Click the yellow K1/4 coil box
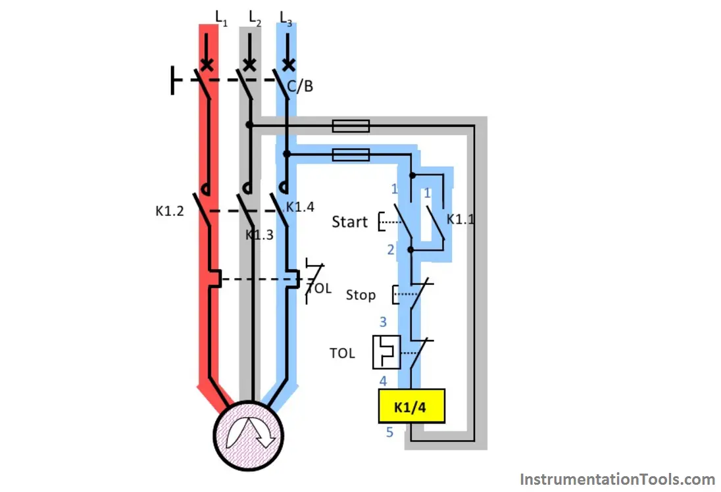[412, 406]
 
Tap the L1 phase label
[221, 18]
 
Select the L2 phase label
[255, 18]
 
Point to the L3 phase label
[286, 18]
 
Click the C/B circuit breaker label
[300, 86]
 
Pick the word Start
[349, 222]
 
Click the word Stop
[360, 295]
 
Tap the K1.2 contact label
[169, 211]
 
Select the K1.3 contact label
[259, 235]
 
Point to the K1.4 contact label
[300, 207]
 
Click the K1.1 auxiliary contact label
[460, 219]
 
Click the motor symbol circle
[248, 435]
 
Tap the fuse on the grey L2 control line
[351, 126]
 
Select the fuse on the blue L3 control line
[351, 155]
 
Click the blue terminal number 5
[389, 432]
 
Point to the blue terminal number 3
[383, 322]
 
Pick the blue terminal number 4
[383, 381]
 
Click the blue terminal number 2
[391, 250]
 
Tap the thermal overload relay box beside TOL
[386, 352]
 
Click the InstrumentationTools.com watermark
[618, 480]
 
